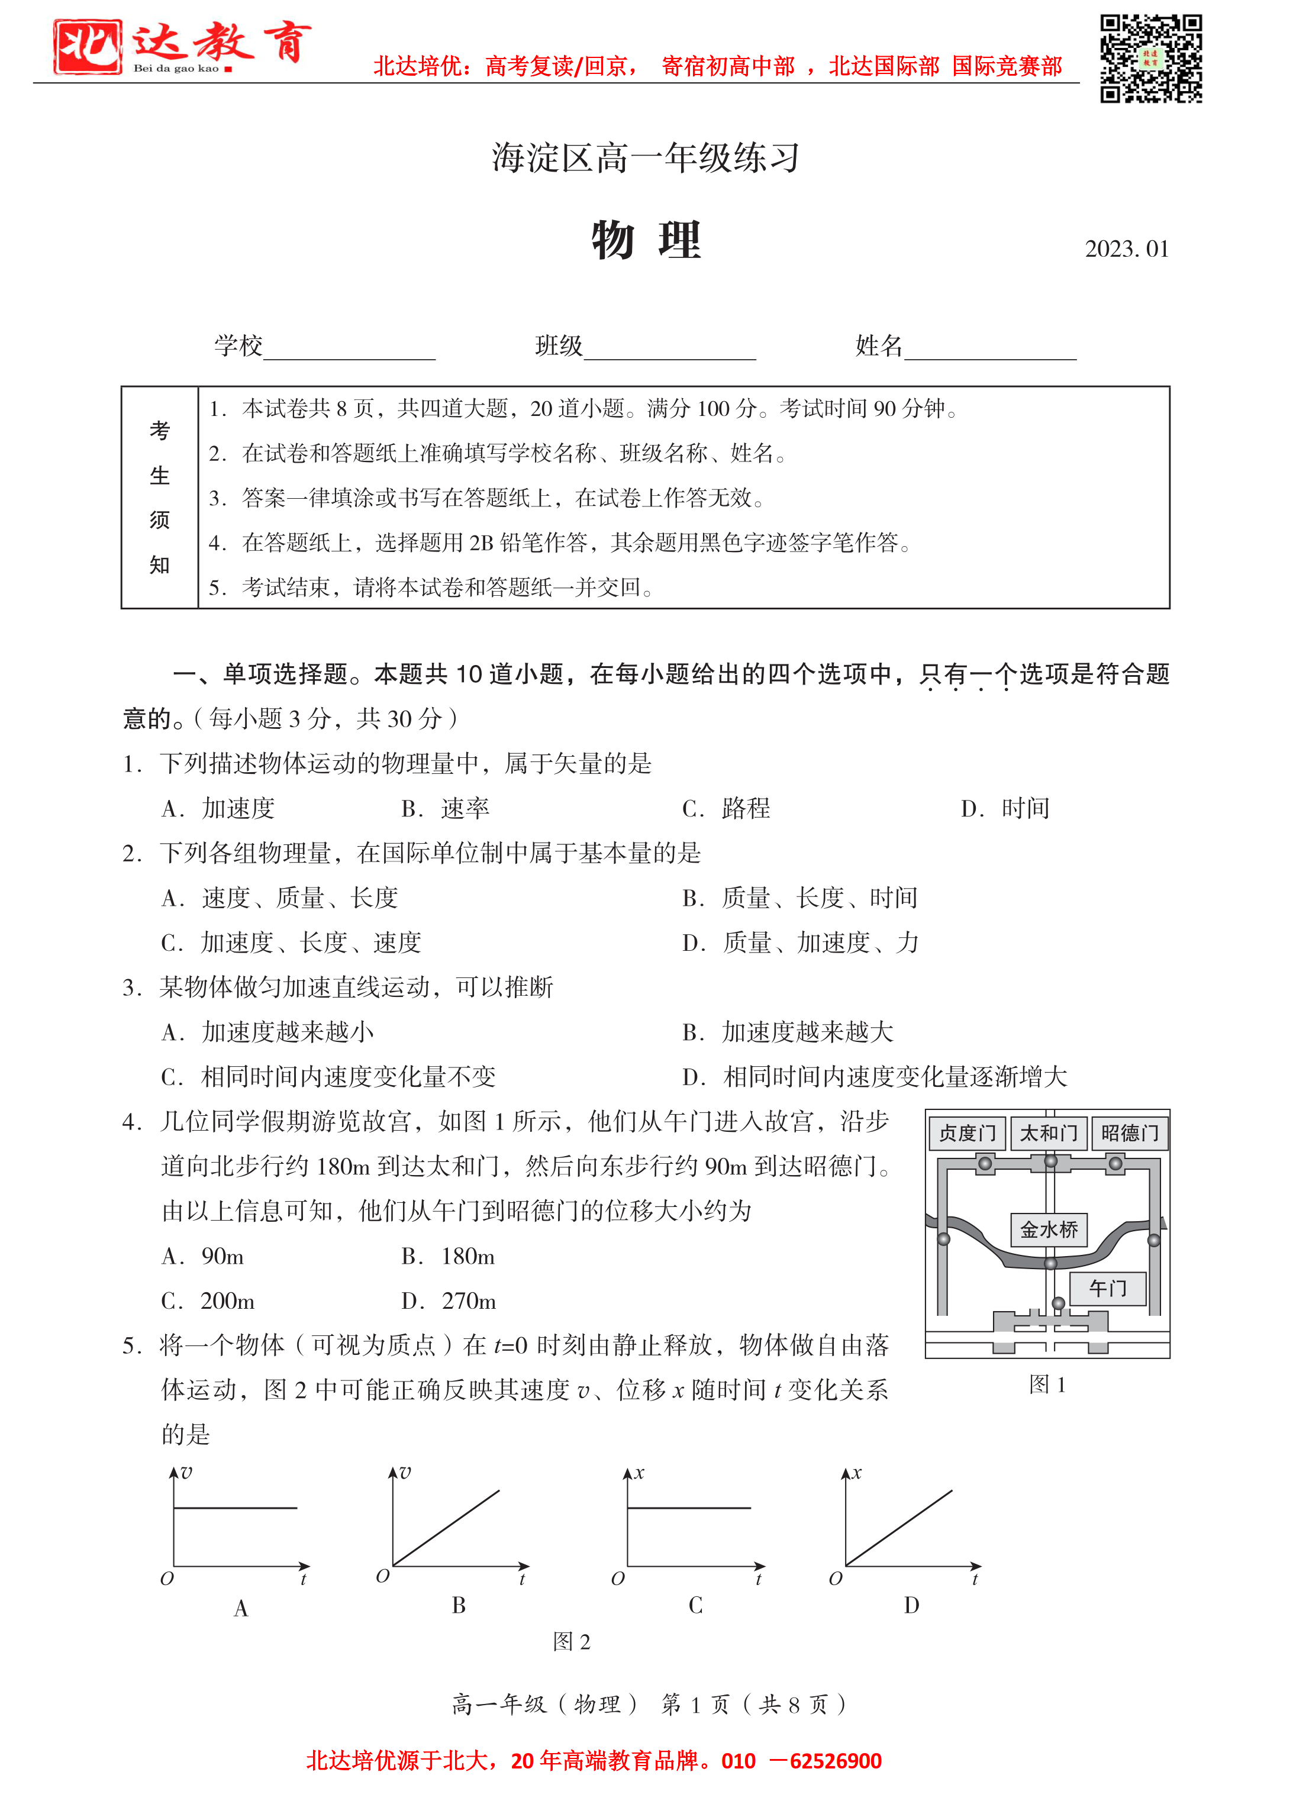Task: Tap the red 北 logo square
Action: click(x=88, y=47)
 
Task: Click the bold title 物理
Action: click(x=646, y=240)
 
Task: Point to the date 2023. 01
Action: click(x=1126, y=249)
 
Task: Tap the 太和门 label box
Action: click(x=1048, y=1132)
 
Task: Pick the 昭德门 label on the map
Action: click(x=1129, y=1132)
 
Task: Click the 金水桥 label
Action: click(x=1049, y=1229)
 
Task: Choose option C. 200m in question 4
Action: click(x=209, y=1301)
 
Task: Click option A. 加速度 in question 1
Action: click(x=218, y=809)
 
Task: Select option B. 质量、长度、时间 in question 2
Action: click(x=800, y=898)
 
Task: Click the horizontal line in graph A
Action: click(x=236, y=1508)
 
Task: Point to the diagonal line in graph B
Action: click(x=446, y=1528)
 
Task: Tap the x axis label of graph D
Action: click(x=857, y=1473)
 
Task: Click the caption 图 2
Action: click(x=571, y=1641)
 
